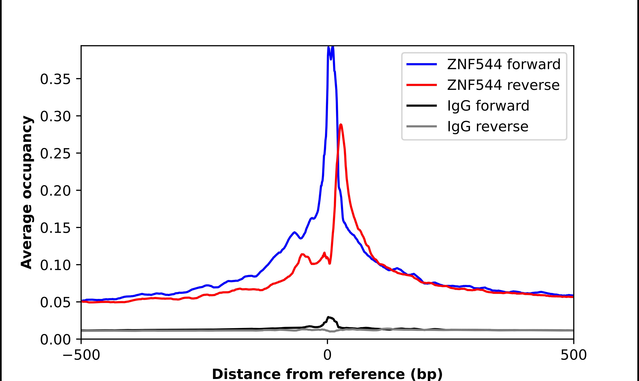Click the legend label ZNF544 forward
point(504,64)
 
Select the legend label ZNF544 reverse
point(503,85)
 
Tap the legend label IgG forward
point(488,106)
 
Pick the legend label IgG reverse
point(487,127)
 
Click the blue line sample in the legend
point(422,64)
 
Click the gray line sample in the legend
point(422,126)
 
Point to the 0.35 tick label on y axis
point(55,79)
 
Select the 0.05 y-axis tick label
point(55,302)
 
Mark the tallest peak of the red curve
point(341,125)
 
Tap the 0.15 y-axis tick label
point(55,228)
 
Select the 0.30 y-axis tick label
point(55,116)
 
